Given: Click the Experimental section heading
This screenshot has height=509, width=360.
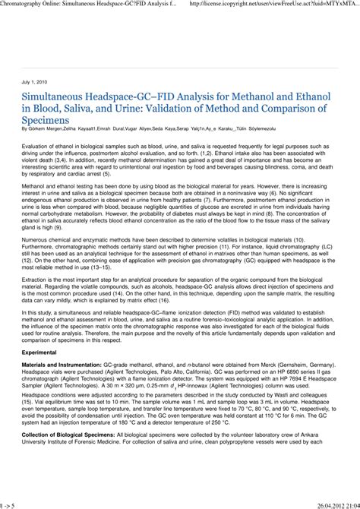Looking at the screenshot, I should click(43, 353).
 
